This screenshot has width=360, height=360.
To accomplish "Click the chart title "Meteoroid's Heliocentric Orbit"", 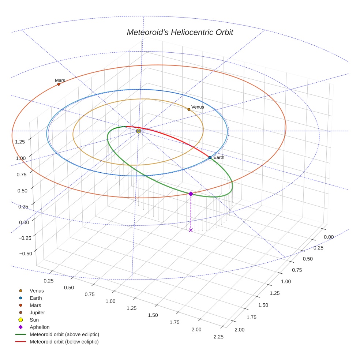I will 180,32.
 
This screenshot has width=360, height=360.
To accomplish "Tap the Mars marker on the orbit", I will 59,84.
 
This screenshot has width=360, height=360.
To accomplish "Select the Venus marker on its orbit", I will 189,109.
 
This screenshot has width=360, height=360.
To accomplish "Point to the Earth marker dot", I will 210,157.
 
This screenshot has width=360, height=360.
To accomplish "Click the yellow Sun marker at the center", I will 138,131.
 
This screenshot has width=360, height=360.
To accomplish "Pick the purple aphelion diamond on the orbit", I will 191,194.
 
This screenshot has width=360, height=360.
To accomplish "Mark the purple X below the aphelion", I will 191,230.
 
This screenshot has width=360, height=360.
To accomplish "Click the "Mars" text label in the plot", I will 60,80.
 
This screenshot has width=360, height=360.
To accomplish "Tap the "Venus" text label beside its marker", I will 198,107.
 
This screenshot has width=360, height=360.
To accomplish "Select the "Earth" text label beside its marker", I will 219,157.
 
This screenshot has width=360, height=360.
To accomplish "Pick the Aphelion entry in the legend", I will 40,327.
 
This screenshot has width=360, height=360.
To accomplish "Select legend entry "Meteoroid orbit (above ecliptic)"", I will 64,334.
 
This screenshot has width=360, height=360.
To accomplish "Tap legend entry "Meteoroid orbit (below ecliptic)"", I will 64,342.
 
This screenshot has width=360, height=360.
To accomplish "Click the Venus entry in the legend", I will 37,290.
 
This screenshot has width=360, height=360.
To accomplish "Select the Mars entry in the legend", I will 35,305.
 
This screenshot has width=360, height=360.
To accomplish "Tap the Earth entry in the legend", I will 35,298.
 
